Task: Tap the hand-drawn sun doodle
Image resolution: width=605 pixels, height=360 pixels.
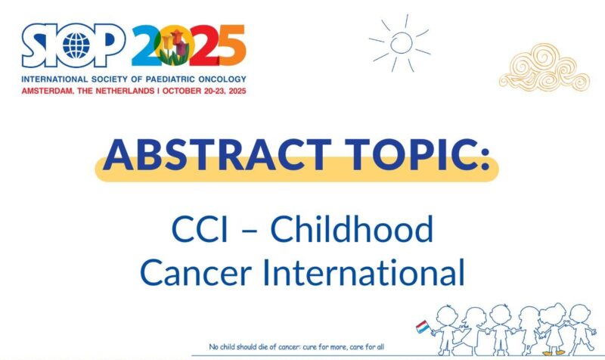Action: [x=400, y=42]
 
